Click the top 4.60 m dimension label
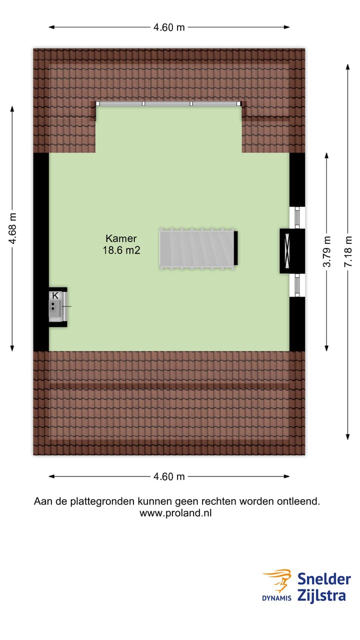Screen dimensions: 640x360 169,27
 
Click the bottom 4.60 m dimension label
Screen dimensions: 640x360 169,476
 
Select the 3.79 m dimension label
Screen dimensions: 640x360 326,251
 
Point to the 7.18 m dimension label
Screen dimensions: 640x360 348,251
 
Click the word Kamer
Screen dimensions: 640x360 121,238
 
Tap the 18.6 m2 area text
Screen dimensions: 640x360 121,251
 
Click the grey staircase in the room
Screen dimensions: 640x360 197,249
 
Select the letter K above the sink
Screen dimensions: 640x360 55,295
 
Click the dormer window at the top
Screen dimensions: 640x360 168,103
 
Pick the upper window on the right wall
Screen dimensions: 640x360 297,217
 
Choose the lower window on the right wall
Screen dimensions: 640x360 297,285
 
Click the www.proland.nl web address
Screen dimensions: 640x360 175,513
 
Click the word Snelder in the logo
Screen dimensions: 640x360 324,579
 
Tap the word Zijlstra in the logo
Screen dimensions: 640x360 321,595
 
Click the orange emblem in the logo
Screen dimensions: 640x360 278,580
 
